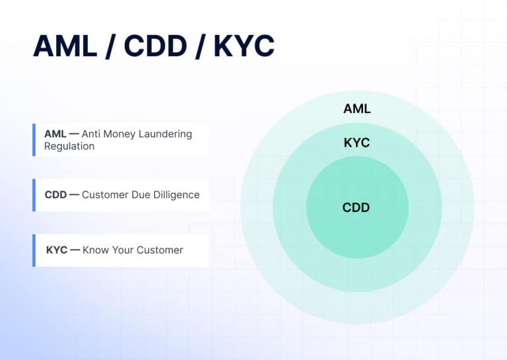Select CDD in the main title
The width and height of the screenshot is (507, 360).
tap(155, 46)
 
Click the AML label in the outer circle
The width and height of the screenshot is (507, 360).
tap(356, 108)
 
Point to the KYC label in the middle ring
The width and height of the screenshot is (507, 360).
tap(356, 143)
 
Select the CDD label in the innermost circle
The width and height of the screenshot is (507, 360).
tap(356, 207)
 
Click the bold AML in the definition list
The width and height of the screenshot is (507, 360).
tap(55, 134)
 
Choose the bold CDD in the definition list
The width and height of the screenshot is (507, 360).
tap(55, 195)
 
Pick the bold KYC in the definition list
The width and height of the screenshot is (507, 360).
tap(57, 250)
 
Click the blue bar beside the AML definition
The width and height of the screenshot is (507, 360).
tap(34, 140)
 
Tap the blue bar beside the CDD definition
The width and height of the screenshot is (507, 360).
tap(34, 195)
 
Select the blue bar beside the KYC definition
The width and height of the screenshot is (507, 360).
tap(34, 250)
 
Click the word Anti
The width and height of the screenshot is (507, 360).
tap(92, 134)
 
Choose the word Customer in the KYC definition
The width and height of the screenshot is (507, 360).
tap(159, 250)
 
